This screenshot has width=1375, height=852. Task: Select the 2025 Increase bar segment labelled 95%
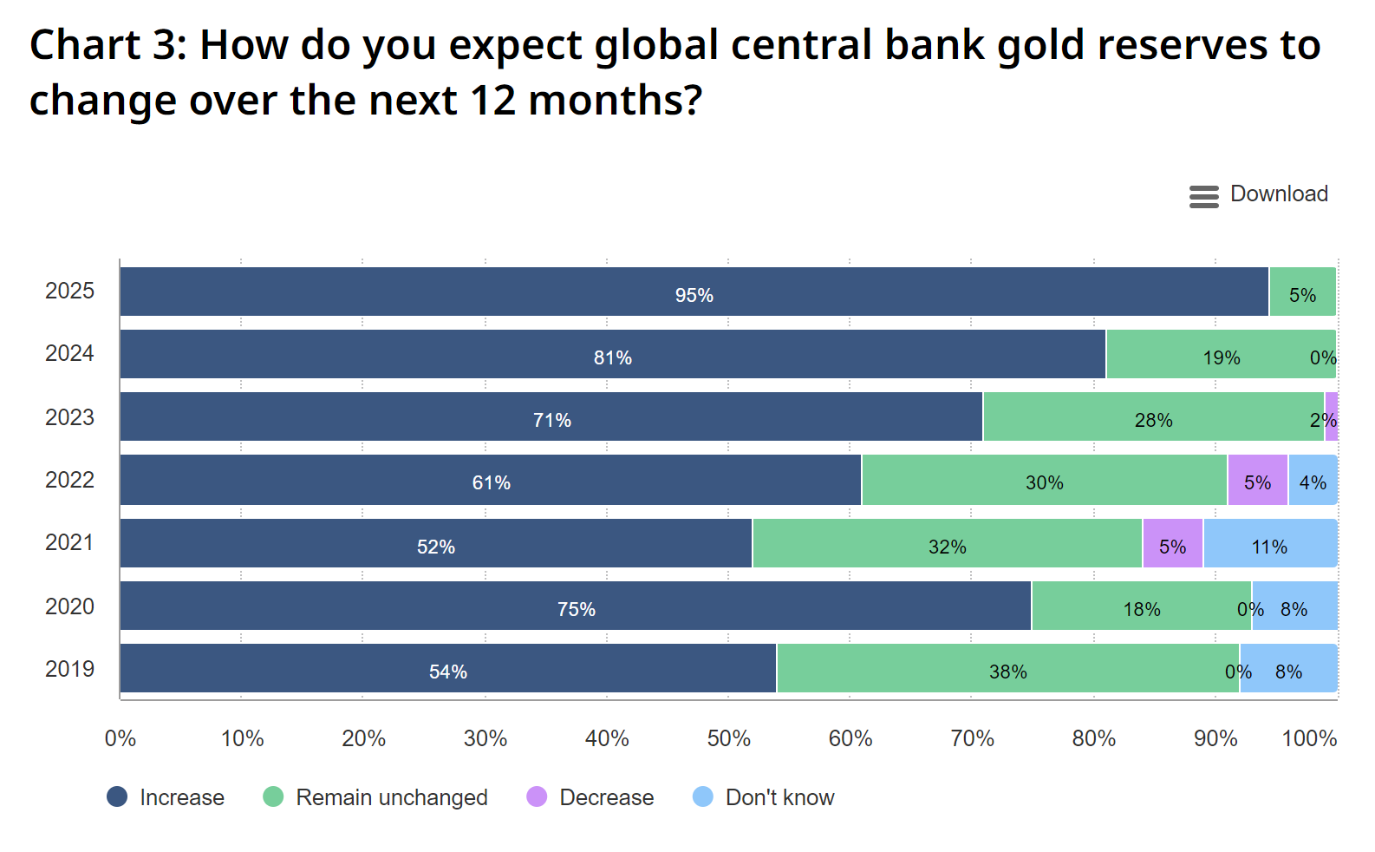point(694,292)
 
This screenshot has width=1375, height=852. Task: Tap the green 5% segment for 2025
point(1302,292)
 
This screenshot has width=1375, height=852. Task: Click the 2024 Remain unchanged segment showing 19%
point(1221,355)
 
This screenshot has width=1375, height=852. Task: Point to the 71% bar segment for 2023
point(551,417)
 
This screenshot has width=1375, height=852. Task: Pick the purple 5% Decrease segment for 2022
point(1257,480)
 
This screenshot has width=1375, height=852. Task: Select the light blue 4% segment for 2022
point(1313,480)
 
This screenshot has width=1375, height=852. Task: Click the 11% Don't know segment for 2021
point(1269,544)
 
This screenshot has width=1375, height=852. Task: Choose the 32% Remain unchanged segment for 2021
point(947,544)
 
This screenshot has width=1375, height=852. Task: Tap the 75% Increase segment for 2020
point(576,606)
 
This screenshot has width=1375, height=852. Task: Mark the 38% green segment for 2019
point(1007,669)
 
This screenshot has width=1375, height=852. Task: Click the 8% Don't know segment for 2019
point(1288,669)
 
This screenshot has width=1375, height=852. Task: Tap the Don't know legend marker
point(703,796)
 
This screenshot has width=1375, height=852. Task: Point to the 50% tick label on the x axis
point(728,738)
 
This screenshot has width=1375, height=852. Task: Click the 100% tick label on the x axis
point(1309,738)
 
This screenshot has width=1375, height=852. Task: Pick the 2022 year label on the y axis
point(69,480)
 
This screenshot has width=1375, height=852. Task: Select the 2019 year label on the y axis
point(69,669)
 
